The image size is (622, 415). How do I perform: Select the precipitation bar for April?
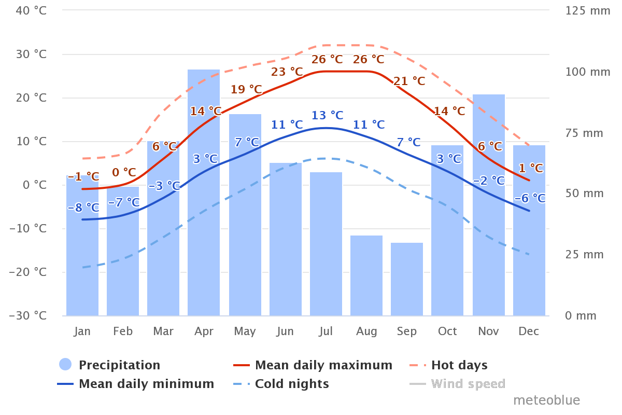[x=204, y=192]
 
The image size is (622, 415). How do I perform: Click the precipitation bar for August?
[x=366, y=275]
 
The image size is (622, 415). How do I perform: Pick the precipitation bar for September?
[x=407, y=279]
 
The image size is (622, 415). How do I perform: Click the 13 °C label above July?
[x=328, y=115]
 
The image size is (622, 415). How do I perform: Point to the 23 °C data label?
[x=287, y=72]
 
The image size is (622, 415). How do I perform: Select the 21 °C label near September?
[x=409, y=81]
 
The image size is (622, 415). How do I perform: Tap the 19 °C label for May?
[x=246, y=90]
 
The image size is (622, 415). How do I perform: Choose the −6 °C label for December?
[x=530, y=198]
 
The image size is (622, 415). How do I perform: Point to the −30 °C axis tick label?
[x=27, y=315]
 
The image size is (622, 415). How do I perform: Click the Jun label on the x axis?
[x=285, y=331]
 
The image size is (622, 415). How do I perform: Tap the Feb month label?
[x=123, y=331]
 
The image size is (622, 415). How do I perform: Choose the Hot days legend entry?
[x=459, y=365]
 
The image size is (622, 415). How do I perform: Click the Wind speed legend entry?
[x=468, y=384]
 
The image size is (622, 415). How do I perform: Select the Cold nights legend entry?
[x=292, y=384]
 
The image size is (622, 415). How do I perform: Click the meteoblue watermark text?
[x=546, y=400]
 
